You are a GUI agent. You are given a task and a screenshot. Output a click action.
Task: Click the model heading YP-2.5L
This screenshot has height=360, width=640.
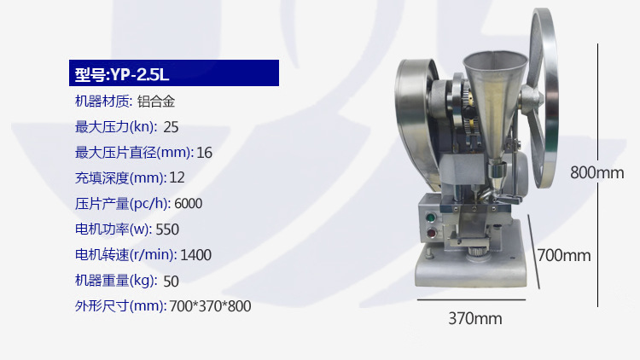[x=122, y=74]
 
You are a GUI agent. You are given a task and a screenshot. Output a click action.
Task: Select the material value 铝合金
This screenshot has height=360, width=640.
[x=156, y=102]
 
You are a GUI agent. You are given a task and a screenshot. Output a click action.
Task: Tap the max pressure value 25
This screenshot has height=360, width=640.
[x=171, y=127]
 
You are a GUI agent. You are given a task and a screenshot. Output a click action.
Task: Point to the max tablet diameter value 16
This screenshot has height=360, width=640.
[x=205, y=153]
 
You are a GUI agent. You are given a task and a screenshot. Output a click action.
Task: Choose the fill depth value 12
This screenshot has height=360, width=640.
[x=177, y=177]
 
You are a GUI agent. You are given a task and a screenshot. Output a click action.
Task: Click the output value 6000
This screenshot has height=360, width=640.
[x=189, y=203]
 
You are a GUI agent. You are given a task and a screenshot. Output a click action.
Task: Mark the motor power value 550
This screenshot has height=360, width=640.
[x=167, y=229]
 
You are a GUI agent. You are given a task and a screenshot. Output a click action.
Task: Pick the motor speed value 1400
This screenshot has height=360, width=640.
[x=196, y=255]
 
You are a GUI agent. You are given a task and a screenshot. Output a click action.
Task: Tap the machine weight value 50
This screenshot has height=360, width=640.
[x=171, y=282]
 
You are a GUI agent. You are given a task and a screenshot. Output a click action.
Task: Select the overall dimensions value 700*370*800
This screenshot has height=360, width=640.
[x=210, y=306]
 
